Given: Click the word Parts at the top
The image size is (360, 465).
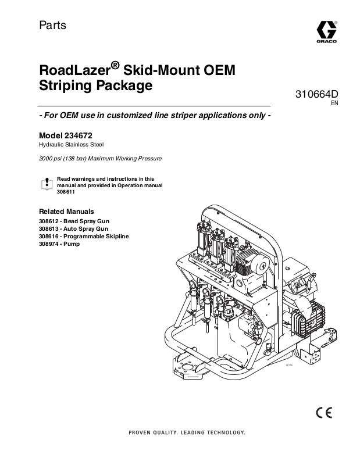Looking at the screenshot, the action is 52,26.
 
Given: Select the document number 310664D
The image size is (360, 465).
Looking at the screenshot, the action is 318,94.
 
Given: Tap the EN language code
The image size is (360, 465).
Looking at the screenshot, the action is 334,104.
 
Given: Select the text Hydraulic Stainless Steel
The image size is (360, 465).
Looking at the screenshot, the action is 71,144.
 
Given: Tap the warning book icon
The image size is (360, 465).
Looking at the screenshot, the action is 47,184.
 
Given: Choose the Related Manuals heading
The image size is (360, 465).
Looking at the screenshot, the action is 66,212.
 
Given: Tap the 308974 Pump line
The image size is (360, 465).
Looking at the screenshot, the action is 59,244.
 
